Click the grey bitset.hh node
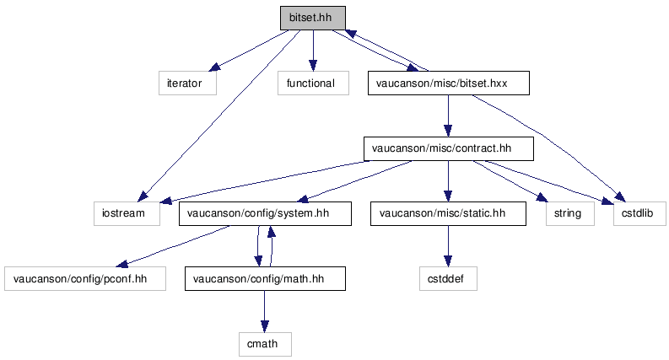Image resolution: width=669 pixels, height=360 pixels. point(313,18)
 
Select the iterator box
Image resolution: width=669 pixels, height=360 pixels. point(187,83)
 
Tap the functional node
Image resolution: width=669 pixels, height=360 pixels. point(313,83)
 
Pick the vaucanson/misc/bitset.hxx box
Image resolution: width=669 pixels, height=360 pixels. point(449,83)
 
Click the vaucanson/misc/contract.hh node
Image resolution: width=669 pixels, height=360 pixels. point(449,148)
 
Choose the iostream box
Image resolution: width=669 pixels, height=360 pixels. point(127,213)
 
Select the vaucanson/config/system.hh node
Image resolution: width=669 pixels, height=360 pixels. point(265,213)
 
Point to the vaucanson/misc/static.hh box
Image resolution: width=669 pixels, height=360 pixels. point(448,213)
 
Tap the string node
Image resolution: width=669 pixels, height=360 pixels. point(570,213)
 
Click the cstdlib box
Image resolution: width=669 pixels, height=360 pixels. point(639,213)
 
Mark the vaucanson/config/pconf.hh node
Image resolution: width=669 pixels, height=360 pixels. point(85,278)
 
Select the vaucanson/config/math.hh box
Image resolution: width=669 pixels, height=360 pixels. point(265,278)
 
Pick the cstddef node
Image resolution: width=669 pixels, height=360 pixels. point(448,278)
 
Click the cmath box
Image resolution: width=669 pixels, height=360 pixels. point(265,344)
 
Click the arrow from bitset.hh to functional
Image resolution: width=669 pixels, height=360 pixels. point(313,51)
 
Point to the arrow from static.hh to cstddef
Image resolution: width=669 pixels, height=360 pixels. point(448,246)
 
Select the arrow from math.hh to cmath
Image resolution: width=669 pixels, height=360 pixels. point(265,311)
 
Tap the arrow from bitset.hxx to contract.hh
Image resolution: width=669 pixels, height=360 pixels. point(448,116)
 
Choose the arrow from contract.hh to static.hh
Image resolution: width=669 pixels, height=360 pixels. point(448,181)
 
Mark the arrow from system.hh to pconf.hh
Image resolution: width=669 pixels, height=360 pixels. point(174,246)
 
